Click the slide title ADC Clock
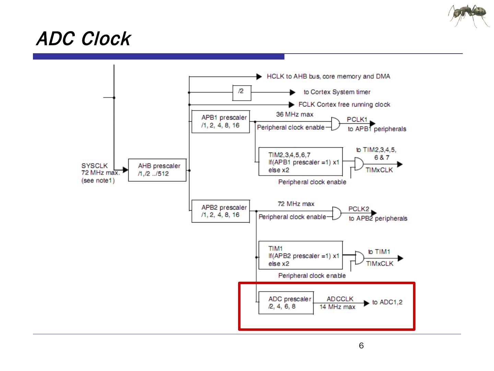(x=83, y=38)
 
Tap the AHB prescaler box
(x=157, y=170)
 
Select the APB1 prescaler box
(x=221, y=122)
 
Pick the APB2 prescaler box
(x=221, y=211)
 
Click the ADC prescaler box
(x=286, y=303)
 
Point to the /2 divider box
(x=242, y=91)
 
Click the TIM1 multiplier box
(x=300, y=255)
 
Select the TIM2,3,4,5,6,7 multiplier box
(x=300, y=162)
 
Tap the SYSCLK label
(x=94, y=166)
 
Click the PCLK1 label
(x=357, y=120)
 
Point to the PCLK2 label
(x=358, y=209)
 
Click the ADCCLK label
(x=340, y=299)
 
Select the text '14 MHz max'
(x=337, y=307)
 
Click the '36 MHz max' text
(x=295, y=114)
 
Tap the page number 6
(x=361, y=346)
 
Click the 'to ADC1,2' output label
(x=387, y=302)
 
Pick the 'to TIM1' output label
(x=379, y=252)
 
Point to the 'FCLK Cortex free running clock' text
(x=344, y=104)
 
